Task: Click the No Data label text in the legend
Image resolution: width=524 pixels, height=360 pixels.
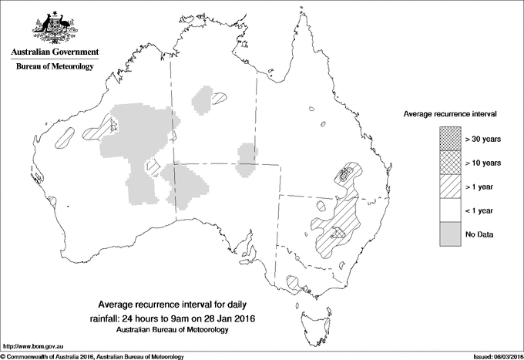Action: [x=479, y=234]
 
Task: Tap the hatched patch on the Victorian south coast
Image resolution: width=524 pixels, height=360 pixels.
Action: [x=294, y=283]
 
